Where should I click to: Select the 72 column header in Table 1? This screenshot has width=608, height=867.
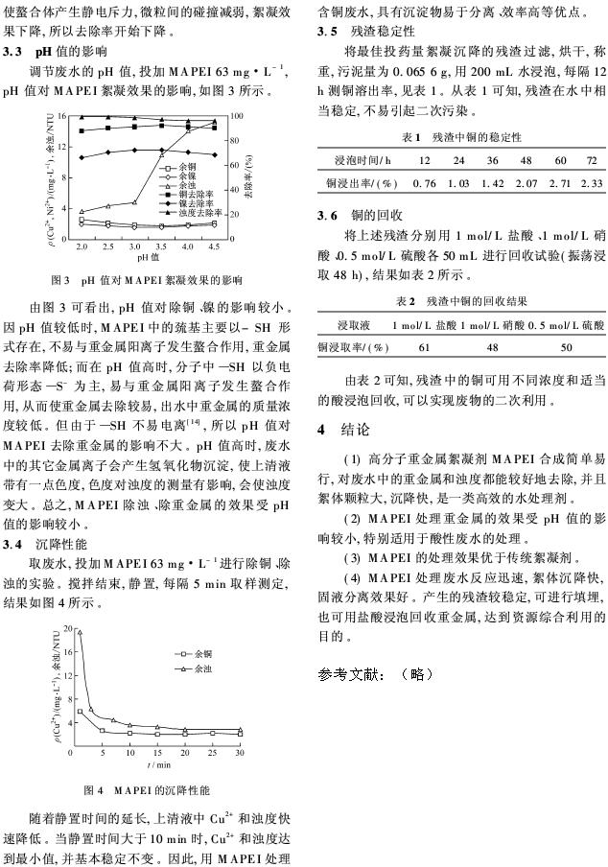tap(592, 159)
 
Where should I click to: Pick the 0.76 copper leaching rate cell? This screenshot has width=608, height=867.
tap(423, 182)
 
